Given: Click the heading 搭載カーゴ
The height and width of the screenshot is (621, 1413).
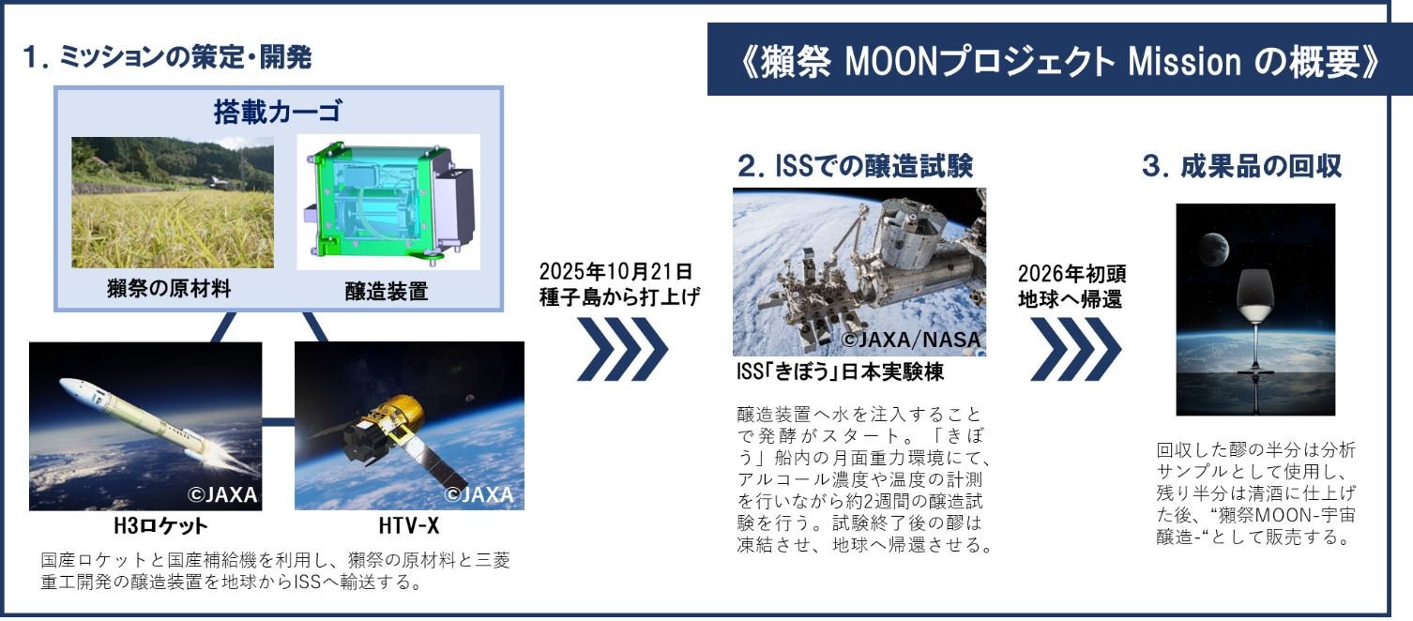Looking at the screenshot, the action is click(278, 113).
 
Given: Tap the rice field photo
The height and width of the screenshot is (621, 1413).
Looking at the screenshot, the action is click(173, 203).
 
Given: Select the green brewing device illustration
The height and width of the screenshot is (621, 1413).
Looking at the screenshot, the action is click(388, 202).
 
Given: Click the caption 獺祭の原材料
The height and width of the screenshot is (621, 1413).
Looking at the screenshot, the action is click(169, 289).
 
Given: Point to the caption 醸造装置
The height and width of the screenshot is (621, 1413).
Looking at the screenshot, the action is click(387, 292).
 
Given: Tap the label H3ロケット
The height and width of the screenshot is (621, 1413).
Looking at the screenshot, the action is click(160, 526).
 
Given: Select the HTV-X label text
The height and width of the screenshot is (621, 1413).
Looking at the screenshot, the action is click(409, 526).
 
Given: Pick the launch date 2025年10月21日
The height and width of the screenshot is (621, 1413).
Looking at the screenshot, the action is click(615, 271).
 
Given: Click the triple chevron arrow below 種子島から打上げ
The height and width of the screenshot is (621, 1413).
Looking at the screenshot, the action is click(622, 349).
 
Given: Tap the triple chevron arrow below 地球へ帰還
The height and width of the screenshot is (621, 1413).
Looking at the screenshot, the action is click(1075, 349).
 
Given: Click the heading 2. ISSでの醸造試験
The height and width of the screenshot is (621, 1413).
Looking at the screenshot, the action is click(855, 166).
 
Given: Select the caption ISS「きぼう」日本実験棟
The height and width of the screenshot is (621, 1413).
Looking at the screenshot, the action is click(841, 372).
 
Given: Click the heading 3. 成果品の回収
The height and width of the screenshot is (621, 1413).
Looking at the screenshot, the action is click(1241, 166).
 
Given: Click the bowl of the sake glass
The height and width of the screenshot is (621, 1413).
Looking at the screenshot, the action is click(1255, 296).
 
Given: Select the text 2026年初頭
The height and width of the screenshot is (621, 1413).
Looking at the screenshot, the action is click(1071, 274).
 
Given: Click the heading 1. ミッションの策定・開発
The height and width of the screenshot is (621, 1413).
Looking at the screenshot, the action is click(167, 57).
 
